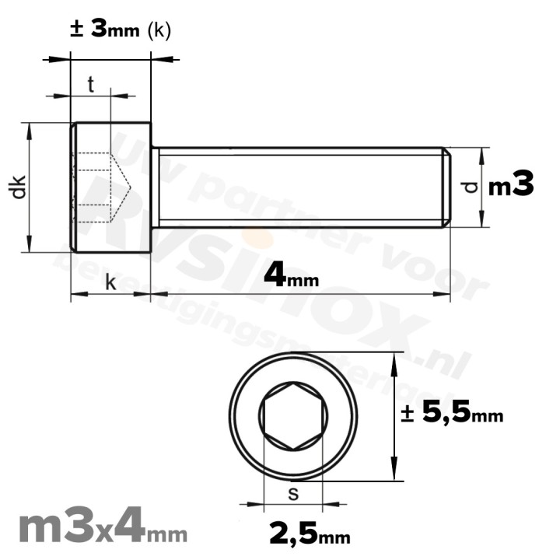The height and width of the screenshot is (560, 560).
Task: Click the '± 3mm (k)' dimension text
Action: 120,30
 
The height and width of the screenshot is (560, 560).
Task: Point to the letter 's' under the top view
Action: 292,493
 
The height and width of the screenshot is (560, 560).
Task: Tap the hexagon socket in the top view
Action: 293,416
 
